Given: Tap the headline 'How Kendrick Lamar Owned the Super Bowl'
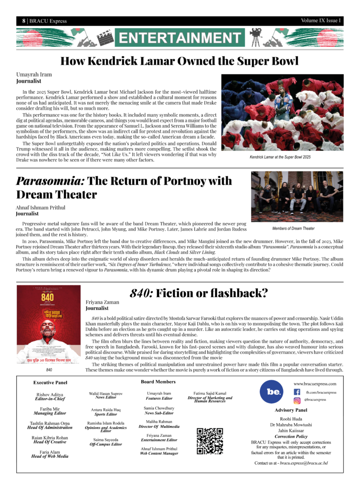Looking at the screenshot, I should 180,61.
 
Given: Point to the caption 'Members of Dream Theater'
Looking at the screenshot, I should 294,228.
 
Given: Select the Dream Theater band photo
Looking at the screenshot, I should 296,196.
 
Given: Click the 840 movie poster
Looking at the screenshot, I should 48,324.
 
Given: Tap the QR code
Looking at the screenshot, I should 210,440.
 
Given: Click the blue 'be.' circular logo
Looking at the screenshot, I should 271,392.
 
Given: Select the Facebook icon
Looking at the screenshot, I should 297,392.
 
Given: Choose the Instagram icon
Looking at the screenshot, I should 297,400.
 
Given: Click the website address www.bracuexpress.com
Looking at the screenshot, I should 315,383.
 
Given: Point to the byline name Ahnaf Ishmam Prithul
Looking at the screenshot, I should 40,208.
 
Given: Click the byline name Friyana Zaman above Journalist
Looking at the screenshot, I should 103,302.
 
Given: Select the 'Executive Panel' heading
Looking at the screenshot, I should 50,383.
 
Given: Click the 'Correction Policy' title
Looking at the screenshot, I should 291,436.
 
